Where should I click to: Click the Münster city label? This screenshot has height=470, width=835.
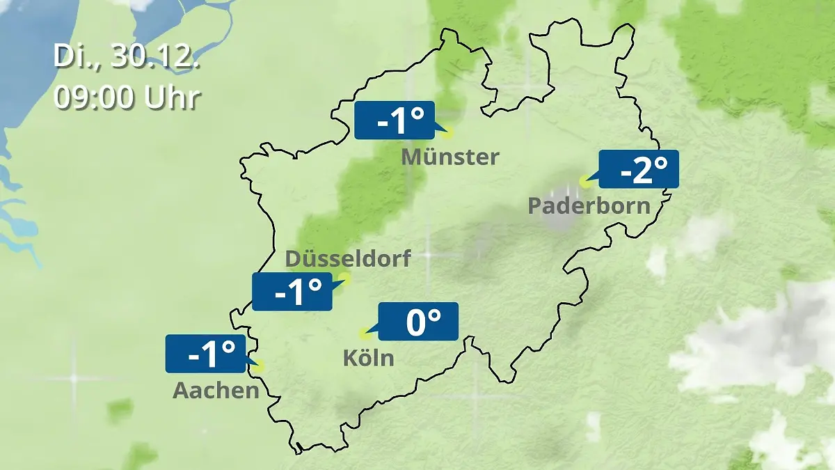coord(450,157)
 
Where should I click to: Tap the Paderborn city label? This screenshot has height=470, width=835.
coord(589,205)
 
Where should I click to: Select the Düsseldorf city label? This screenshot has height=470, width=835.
coord(348,259)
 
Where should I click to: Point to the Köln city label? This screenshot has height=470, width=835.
coord(368,358)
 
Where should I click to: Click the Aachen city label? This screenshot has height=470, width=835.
coord(216,390)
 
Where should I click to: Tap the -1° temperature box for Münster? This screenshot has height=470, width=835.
coord(394,120)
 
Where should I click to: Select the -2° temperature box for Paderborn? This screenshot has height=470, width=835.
coord(638,169)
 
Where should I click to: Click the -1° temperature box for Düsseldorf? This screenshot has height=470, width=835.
coord(292,291)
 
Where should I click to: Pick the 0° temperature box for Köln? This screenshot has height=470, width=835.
coord(417,321)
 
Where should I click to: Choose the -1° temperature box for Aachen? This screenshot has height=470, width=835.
coord(205,353)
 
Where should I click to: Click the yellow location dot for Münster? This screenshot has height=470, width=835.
coord(447,132)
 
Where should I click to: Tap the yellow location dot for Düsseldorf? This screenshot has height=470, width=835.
coord(344,279)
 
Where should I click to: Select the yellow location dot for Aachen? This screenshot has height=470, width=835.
coord(260,366)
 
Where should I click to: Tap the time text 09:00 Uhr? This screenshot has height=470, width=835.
coord(127,97)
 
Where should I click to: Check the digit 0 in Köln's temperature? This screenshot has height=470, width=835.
coord(415,322)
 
